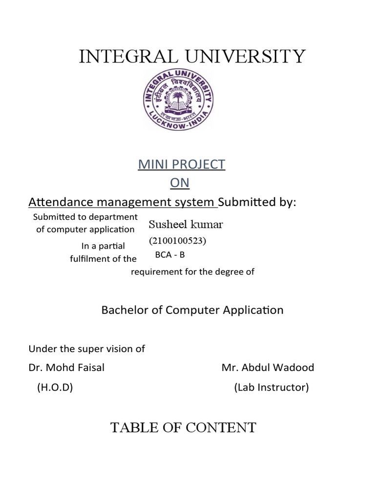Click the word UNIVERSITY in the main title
click(244, 57)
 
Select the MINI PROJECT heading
click(182, 165)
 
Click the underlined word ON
click(179, 183)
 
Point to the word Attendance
click(55, 202)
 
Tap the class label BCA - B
click(170, 255)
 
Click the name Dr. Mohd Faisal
click(66, 367)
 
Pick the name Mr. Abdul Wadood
click(268, 367)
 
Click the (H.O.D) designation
click(55, 388)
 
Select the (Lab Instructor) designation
click(271, 388)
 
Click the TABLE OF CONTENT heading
click(183, 428)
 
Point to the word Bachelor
click(121, 310)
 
